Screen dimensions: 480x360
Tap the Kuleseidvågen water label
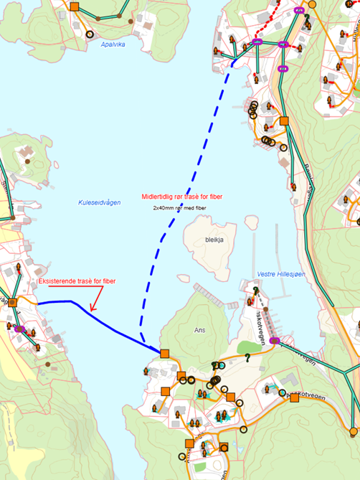coord(100,203)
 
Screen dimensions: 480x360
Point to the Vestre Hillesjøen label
coord(282,275)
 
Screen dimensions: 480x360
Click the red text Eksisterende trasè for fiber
coord(77,281)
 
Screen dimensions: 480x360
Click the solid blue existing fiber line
coord(108,322)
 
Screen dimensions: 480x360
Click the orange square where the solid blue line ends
coord(165,353)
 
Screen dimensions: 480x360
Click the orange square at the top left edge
coord(75,4)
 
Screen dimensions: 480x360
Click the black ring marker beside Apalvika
coord(90,34)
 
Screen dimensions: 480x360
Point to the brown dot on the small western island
coord(29,161)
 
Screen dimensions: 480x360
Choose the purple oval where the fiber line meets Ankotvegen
coord(274,341)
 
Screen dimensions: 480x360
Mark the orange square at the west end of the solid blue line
coord(12,302)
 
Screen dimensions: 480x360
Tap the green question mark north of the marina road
coord(255,290)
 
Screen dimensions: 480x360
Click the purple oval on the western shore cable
coord(19,330)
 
